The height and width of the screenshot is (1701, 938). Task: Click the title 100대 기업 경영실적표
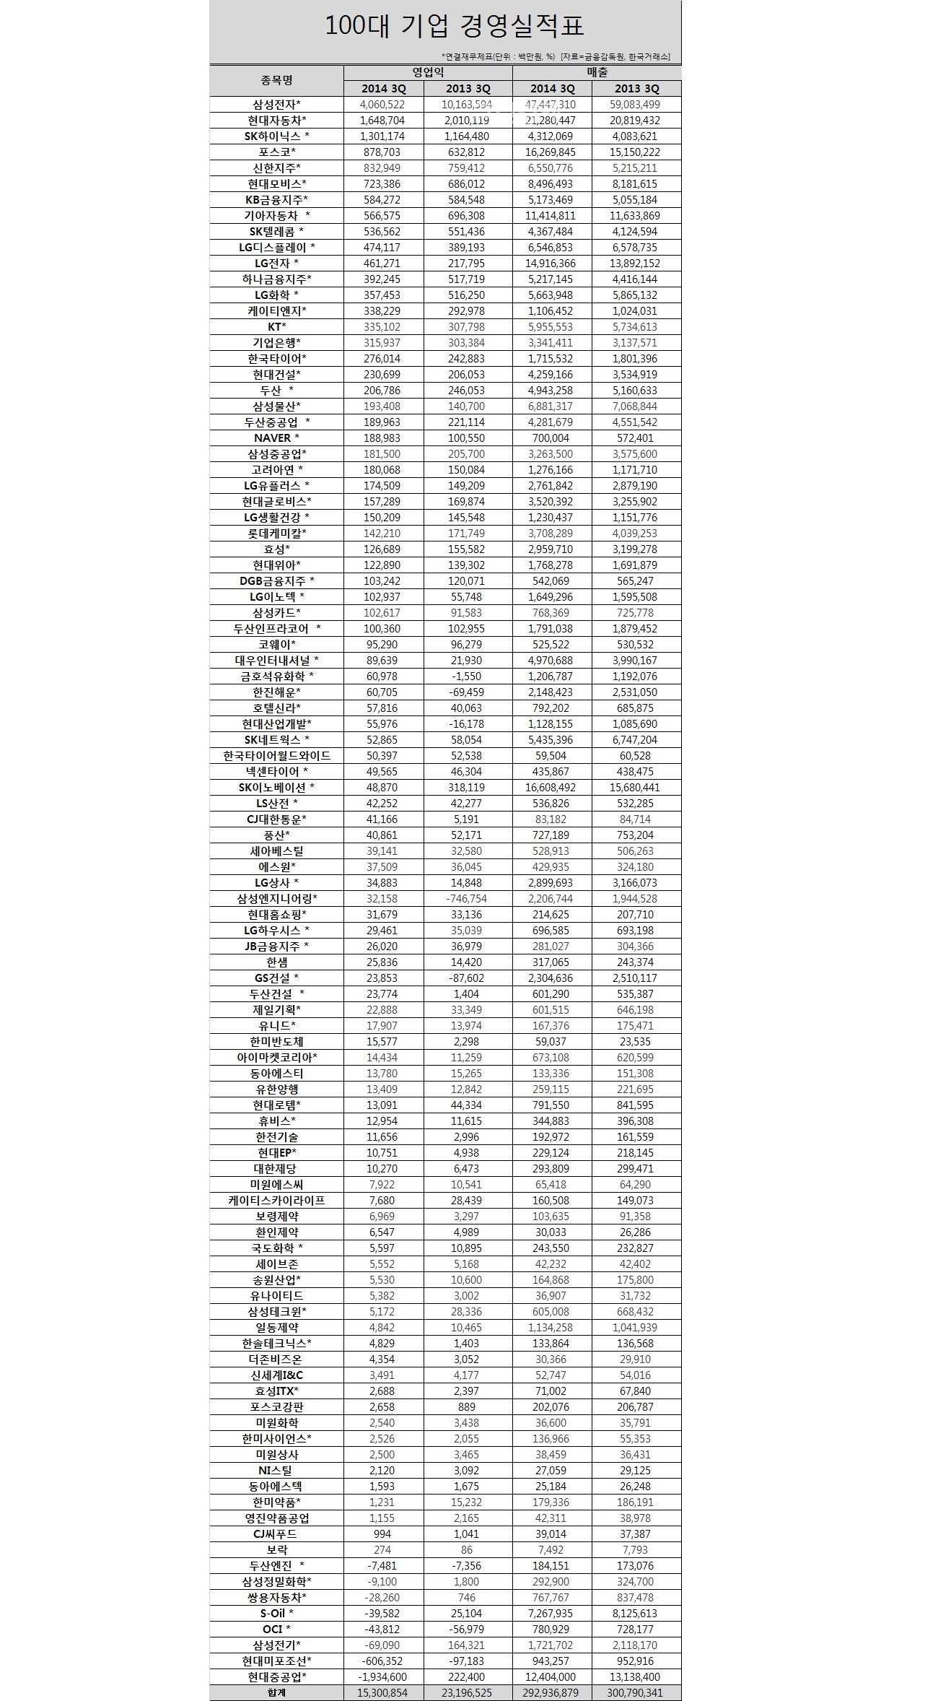coord(454,27)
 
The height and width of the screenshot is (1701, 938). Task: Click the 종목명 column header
coord(277,80)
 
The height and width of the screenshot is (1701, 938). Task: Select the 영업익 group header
coord(428,72)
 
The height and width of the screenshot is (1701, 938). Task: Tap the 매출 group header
coord(597,72)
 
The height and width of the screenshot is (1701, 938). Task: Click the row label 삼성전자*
coord(277,104)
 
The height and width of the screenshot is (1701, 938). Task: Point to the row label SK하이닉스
coord(277,136)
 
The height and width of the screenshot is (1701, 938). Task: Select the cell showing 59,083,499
coord(636,104)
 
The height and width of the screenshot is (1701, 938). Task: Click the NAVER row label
coord(277,438)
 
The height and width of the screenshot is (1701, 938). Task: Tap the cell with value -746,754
coord(466,898)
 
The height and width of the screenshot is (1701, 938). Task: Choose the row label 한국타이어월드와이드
coord(277,755)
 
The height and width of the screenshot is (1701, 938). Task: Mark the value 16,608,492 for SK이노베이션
coord(552,787)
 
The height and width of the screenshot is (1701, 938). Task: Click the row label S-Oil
coord(277,1613)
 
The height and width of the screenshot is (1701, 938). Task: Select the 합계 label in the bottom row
coord(277,1692)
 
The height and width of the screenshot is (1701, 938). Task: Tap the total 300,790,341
coord(636,1692)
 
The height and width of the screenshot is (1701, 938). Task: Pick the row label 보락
coord(277,1549)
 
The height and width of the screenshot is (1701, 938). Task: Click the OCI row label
coord(277,1629)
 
